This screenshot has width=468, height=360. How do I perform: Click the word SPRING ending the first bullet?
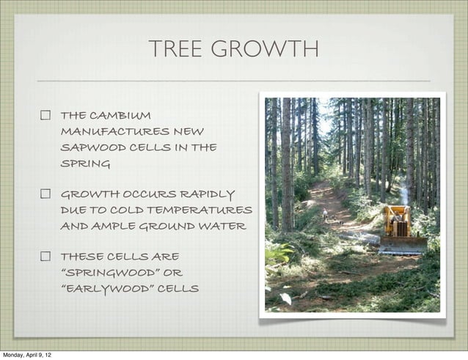(85, 164)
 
